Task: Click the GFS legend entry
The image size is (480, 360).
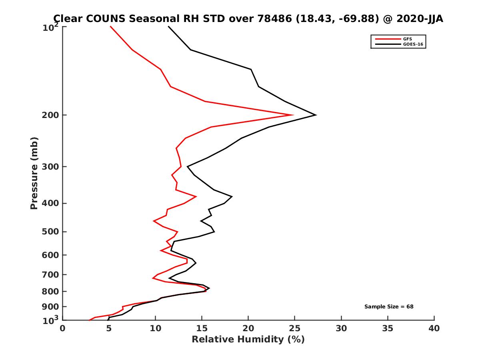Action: [406, 39]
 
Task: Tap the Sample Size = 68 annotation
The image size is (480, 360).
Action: [389, 307]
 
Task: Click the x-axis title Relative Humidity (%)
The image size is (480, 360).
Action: [248, 340]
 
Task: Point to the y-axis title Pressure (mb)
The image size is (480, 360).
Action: [34, 173]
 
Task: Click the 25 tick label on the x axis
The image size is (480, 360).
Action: [295, 328]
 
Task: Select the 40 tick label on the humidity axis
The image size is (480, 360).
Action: [434, 328]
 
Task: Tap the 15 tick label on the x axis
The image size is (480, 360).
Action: [202, 328]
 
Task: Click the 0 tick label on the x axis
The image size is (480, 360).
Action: [63, 328]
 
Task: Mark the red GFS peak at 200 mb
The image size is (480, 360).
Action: [293, 115]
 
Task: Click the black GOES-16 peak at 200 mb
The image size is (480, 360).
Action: [316, 115]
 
